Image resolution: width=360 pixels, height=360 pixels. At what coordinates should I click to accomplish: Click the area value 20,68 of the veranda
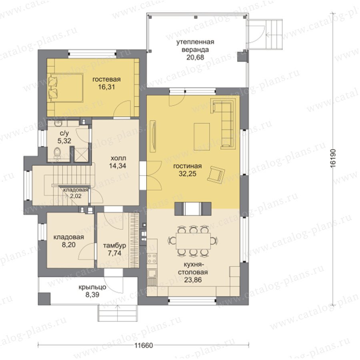[195, 57]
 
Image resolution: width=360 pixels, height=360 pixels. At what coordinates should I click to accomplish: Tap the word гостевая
[106, 80]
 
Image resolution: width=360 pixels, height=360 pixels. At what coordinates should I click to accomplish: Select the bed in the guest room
[65, 88]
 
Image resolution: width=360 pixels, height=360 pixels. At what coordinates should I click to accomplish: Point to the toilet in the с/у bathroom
[57, 153]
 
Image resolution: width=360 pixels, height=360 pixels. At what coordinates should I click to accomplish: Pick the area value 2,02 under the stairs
[76, 196]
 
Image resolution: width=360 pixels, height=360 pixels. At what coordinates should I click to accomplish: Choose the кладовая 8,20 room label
[69, 241]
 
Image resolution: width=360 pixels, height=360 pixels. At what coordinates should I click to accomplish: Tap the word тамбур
[114, 246]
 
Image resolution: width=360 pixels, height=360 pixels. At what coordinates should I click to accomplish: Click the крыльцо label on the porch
[92, 287]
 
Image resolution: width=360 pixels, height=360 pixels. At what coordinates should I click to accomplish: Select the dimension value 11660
[144, 346]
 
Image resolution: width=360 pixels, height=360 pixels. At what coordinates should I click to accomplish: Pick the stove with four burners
[152, 258]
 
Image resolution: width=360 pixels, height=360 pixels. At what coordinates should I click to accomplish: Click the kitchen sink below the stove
[152, 274]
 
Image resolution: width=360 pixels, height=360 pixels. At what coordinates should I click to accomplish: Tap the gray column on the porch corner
[44, 298]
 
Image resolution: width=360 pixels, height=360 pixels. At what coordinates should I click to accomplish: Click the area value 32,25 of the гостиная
[188, 174]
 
